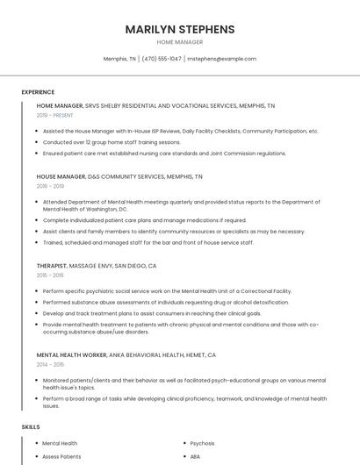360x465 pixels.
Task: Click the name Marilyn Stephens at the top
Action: click(180, 29)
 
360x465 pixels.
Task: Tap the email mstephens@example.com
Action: click(221, 59)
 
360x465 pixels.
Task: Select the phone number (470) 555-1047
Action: click(162, 59)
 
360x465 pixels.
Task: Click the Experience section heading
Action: click(38, 92)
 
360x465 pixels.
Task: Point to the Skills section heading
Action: click(31, 426)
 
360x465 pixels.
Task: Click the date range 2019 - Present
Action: click(55, 115)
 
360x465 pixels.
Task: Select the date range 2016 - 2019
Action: click(51, 186)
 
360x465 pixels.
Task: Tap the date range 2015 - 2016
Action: click(51, 275)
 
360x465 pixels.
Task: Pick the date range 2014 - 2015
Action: click(51, 364)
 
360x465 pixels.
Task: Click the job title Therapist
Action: click(52, 265)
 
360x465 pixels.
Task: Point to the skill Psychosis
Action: click(202, 443)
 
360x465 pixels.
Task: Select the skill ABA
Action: click(195, 456)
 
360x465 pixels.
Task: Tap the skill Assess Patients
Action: click(61, 456)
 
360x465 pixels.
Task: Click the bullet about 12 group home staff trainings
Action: click(112, 141)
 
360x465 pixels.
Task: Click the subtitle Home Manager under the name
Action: click(180, 42)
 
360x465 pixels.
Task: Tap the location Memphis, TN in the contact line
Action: click(120, 59)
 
